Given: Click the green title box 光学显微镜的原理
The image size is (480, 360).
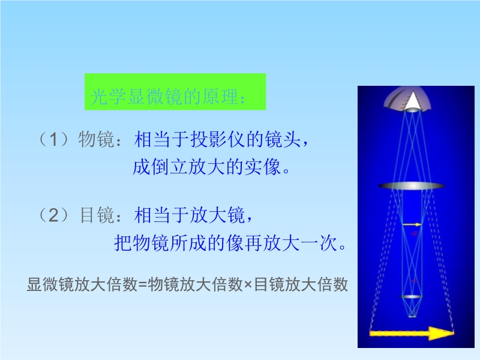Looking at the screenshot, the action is coord(175,92).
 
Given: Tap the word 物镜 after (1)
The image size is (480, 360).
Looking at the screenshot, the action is coord(97,140).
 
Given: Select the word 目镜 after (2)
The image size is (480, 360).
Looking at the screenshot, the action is coord(97,215).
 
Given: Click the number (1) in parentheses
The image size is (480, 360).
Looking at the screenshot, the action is coord(53,140).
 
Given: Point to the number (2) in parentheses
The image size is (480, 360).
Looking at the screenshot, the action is coord(53,215).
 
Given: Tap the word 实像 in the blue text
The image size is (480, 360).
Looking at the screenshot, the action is coord(262,167).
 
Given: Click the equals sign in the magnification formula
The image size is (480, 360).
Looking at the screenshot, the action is coord(143,284).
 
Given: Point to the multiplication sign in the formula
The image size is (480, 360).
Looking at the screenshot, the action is coord(248,285).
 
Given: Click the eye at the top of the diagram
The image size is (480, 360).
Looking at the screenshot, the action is coord(407,100).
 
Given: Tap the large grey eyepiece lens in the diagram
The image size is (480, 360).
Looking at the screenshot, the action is coord(412,186).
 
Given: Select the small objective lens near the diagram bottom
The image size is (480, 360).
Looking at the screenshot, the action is coord(411,296).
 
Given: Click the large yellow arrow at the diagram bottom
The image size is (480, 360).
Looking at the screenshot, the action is coord(412,333).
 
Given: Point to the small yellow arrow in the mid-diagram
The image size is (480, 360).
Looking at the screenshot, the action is coord(412,225).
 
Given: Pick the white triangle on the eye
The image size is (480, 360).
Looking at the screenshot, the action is coord(412,100).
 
